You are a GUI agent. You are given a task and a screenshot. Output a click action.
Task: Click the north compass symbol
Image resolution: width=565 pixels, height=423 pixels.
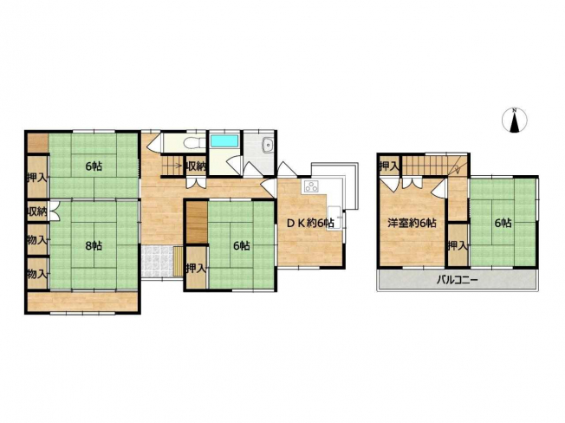coord(515,120)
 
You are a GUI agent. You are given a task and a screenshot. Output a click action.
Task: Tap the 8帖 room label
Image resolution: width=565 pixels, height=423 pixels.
coord(94,245)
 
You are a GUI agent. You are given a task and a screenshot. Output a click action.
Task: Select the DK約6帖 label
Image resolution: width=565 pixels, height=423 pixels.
coord(310,223)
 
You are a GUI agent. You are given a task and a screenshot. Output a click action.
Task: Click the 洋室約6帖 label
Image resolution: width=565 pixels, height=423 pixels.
coord(412,223)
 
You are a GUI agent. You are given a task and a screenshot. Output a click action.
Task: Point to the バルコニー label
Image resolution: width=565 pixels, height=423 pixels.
coord(458,280)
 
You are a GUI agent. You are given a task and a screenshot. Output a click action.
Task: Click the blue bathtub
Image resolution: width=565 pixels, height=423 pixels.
coord(224,141)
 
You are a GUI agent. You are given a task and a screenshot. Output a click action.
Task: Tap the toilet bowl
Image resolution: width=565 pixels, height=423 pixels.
coord(190,143)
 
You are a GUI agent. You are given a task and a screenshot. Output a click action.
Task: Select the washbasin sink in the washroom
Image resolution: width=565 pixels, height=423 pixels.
coord(268,145)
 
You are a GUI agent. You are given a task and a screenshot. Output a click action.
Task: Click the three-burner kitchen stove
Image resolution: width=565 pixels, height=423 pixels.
coord(312,186)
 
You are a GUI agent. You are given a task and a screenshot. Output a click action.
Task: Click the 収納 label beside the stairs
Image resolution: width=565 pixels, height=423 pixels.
coord(196,166)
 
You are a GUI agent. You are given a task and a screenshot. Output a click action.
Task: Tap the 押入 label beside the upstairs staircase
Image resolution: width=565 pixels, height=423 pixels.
coord(389,166)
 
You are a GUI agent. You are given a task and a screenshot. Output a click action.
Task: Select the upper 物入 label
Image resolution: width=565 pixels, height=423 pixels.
coord(37,239)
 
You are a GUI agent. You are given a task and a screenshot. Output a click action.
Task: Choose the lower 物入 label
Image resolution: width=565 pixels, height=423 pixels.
coord(37,274)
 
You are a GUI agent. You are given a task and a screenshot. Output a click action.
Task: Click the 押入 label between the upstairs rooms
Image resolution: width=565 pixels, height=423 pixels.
coord(458,245)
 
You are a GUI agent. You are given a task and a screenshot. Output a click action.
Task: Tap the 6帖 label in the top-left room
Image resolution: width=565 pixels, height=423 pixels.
coord(94,166)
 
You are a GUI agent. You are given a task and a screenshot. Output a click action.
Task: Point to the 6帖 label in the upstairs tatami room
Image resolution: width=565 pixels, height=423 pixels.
coord(503,223)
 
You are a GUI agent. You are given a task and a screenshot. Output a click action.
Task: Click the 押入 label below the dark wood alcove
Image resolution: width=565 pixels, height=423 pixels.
coord(196,268)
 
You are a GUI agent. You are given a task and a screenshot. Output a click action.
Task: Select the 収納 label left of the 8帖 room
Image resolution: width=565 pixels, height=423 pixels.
coord(37,211)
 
